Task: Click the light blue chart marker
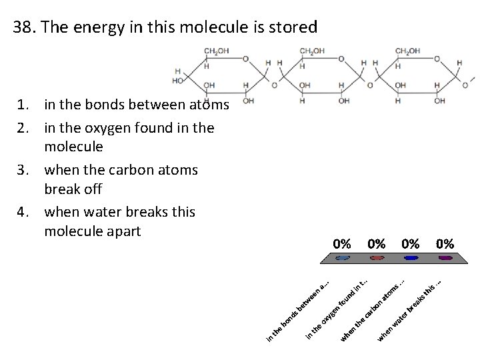coord(343,258)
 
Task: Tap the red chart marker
coord(377,258)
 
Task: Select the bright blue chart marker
coord(411,258)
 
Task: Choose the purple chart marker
coord(445,258)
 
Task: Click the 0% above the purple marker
coord(445,243)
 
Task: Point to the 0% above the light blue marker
coord(343,243)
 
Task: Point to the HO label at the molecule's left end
coord(178,81)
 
